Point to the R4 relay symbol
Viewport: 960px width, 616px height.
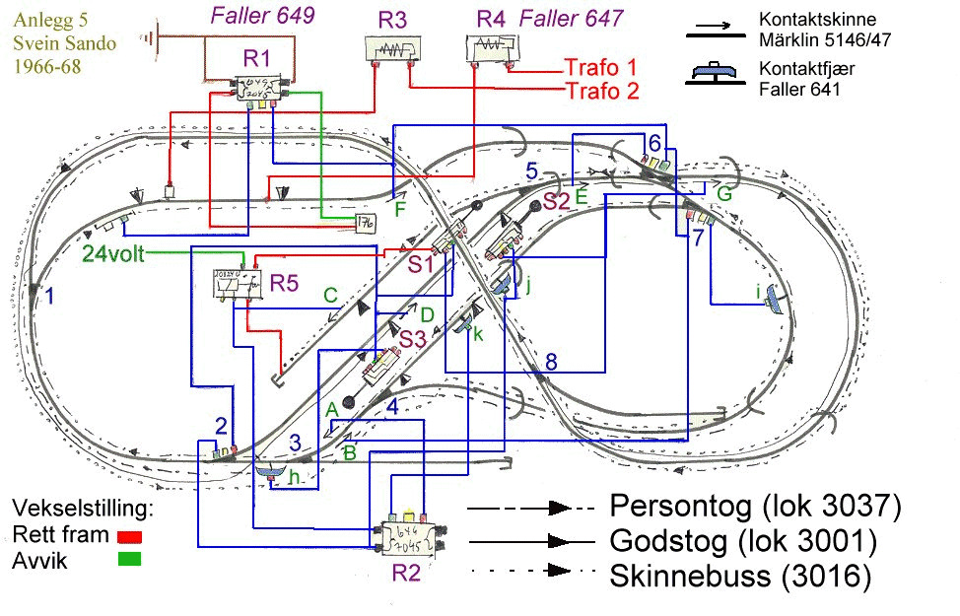[x=490, y=48]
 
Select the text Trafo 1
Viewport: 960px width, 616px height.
[x=600, y=68]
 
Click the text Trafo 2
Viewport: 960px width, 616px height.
[x=602, y=92]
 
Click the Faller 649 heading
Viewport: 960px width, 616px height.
[x=262, y=15]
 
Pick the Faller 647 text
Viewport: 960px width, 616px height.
[x=571, y=17]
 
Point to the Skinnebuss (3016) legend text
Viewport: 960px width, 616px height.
[x=740, y=576]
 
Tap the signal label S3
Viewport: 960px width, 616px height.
[x=413, y=340]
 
